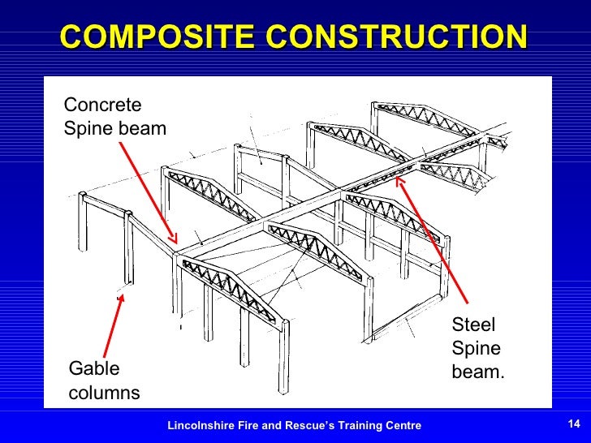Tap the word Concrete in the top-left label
coord(102,105)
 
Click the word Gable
coord(94,369)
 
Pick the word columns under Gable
coord(104,393)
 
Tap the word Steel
coord(473,326)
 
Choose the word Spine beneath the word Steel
coord(476,349)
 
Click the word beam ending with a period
coord(478,372)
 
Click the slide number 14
coord(574,425)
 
